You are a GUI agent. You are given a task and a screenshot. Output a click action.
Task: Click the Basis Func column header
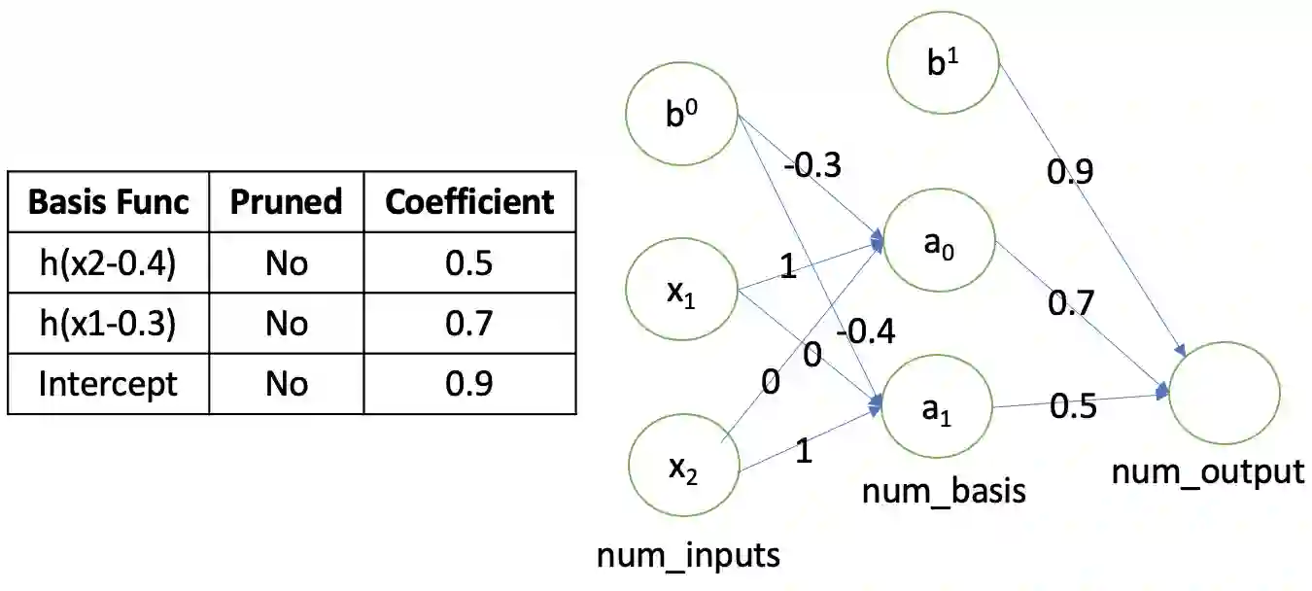tap(108, 201)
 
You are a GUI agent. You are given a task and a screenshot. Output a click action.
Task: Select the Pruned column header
tap(286, 201)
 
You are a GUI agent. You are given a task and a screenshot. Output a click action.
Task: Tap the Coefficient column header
tap(469, 201)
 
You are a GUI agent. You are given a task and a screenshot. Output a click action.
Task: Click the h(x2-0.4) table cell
tap(108, 263)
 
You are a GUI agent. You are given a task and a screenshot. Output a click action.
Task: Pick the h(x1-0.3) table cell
tap(108, 324)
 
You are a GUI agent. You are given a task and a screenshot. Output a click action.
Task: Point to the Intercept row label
tap(108, 384)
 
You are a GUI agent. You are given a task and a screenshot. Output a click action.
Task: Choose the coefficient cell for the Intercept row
tap(469, 384)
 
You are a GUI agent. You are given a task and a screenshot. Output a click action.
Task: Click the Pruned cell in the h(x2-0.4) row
tap(286, 263)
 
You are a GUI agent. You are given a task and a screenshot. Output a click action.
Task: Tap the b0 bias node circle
tap(681, 116)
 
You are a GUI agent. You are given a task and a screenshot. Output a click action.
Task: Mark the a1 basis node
tap(936, 408)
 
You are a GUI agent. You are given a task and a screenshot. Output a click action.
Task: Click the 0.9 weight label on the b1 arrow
tap(1070, 172)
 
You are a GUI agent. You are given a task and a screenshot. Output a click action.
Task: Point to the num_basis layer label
tap(944, 491)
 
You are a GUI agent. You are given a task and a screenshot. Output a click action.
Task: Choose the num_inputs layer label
tap(688, 555)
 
